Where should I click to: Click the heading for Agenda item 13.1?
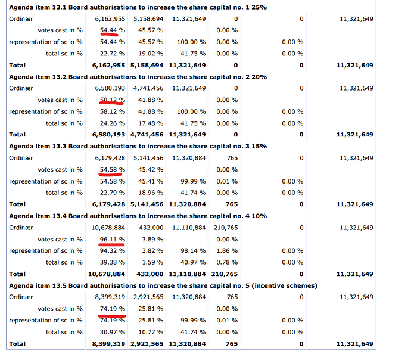(138, 7)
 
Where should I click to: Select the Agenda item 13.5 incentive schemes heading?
(163, 285)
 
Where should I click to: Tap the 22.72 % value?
(113, 54)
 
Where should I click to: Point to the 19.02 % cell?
(151, 54)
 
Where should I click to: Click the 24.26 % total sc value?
(113, 123)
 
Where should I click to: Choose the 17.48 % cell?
(151, 123)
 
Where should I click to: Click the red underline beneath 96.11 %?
(111, 244)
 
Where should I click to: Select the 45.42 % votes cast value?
(151, 170)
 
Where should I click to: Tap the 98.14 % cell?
(193, 251)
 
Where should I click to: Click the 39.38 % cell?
(113, 262)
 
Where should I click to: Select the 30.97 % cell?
(113, 332)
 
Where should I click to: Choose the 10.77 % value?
(151, 332)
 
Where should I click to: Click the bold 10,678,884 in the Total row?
(107, 274)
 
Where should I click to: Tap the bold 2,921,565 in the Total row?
(147, 344)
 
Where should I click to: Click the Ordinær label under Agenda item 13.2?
(21, 88)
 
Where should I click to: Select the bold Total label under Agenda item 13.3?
(17, 204)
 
